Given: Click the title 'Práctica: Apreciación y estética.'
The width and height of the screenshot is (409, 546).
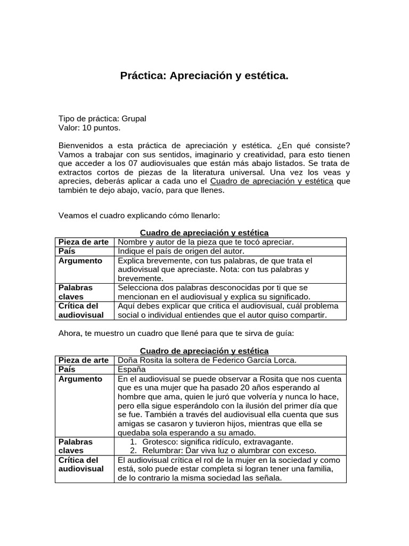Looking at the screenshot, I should tap(204, 76).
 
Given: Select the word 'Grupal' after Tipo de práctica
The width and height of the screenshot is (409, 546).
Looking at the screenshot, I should tap(134, 118).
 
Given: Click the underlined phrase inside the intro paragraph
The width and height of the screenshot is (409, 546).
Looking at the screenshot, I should tap(272, 182).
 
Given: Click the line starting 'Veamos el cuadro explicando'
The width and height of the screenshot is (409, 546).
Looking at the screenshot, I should tap(138, 215).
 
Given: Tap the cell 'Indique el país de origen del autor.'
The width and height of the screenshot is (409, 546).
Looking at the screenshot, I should tap(181, 251).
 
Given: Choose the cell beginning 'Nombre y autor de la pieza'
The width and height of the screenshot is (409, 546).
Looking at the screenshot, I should tap(206, 242).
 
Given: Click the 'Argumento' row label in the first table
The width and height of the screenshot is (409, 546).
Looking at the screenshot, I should tap(80, 261).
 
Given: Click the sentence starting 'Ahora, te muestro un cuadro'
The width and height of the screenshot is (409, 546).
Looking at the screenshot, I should tap(176, 333).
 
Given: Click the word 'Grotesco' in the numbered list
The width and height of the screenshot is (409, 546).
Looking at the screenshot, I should tap(161, 441).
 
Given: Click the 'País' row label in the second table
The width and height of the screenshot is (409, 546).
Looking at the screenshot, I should tap(67, 369).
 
